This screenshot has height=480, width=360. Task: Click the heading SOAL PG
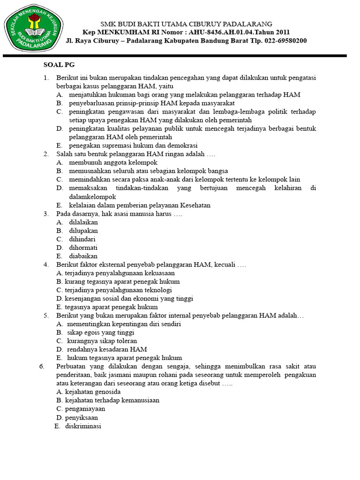[59, 65]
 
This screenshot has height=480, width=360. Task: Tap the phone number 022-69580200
[279, 40]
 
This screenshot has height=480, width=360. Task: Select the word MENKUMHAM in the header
[118, 32]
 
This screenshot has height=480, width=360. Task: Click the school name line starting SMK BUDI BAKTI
[187, 24]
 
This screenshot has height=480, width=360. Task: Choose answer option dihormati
[83, 247]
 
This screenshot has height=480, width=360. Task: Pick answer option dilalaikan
[83, 222]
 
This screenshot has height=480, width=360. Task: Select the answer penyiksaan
[82, 417]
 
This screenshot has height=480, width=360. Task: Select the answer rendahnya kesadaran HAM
[107, 349]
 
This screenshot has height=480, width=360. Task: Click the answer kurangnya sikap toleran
[102, 341]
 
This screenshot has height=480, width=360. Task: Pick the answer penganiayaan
[85, 409]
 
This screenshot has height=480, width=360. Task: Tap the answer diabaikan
[83, 256]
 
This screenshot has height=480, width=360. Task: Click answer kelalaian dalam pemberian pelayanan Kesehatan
[140, 205]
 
